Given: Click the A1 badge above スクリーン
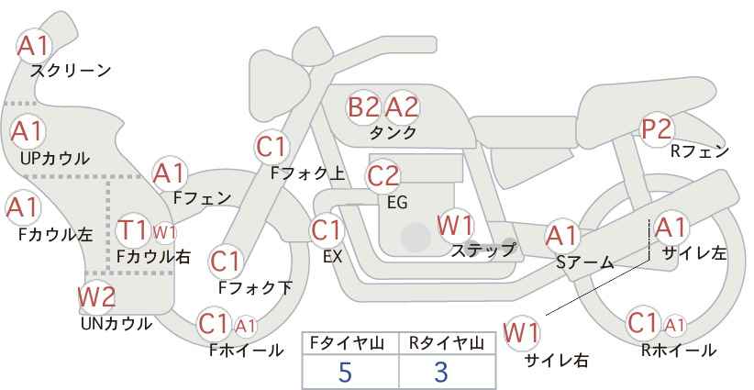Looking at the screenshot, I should [x=35, y=44].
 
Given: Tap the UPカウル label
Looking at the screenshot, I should [x=54, y=158].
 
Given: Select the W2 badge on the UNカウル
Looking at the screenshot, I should [x=96, y=297].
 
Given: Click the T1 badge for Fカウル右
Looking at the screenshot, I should [x=134, y=229].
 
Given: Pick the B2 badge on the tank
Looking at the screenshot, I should [x=363, y=107].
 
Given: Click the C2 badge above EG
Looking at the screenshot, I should [x=383, y=175].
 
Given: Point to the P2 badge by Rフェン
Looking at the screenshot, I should [x=657, y=129].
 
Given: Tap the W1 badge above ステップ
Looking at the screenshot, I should [x=455, y=225].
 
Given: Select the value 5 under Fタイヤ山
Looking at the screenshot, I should [x=345, y=372].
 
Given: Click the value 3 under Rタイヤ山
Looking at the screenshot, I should [x=441, y=372].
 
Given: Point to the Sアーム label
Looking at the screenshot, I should [x=584, y=262].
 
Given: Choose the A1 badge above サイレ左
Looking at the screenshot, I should [x=670, y=227].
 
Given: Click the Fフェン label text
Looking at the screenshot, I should [x=202, y=197].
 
